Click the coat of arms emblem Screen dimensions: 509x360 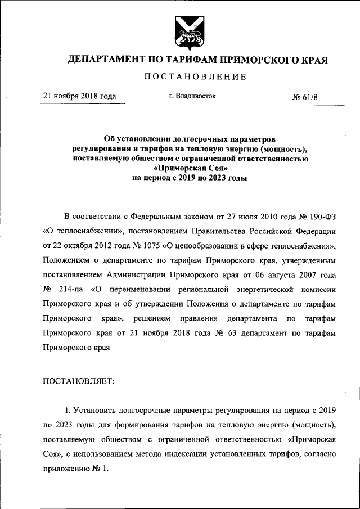pos(187,32)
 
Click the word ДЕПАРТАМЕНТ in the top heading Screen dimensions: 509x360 pos(105,60)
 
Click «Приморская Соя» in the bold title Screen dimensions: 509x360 pos(190,168)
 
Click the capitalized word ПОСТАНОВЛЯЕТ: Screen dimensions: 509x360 pos(79,381)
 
